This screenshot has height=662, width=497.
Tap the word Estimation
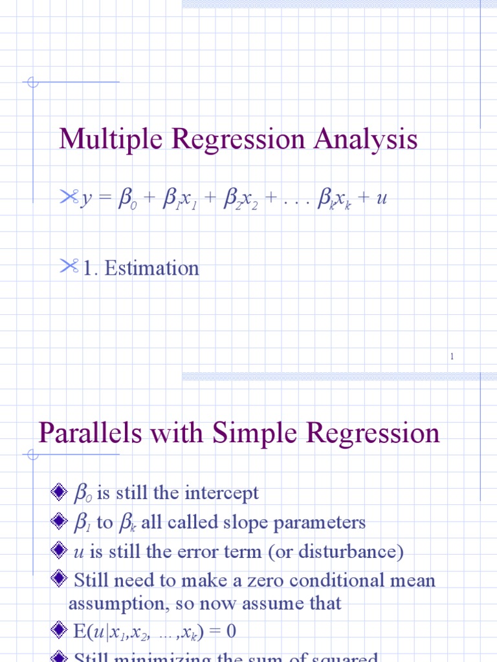(x=151, y=268)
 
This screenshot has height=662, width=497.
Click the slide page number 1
(x=452, y=356)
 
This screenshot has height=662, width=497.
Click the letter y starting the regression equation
(x=85, y=198)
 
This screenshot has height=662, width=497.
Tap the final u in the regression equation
(x=382, y=198)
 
